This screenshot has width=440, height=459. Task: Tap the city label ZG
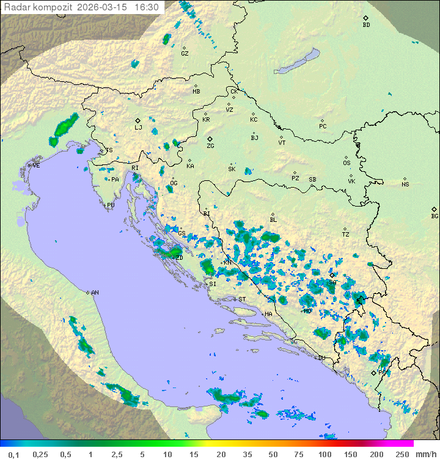[x=210, y=146]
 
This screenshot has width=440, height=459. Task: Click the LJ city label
[x=138, y=127]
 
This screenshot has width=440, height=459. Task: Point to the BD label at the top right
[x=366, y=25]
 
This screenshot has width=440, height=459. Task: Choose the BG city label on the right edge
[x=435, y=216]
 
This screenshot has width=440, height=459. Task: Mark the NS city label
[x=405, y=185]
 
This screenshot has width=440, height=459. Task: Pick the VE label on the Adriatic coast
[x=36, y=166]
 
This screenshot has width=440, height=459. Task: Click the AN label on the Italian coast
[x=95, y=293]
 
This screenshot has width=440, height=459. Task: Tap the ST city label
[x=242, y=299]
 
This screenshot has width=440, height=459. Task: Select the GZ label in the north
[x=185, y=54]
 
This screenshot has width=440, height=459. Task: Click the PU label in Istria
[x=111, y=205]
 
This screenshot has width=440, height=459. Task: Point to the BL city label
[x=273, y=220]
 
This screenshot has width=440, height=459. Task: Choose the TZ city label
[x=346, y=235]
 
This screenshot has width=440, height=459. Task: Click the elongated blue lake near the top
[x=297, y=62]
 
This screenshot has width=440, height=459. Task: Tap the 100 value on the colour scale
[x=325, y=454]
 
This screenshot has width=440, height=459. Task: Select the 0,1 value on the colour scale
[x=13, y=454]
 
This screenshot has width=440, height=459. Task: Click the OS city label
[x=346, y=163]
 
